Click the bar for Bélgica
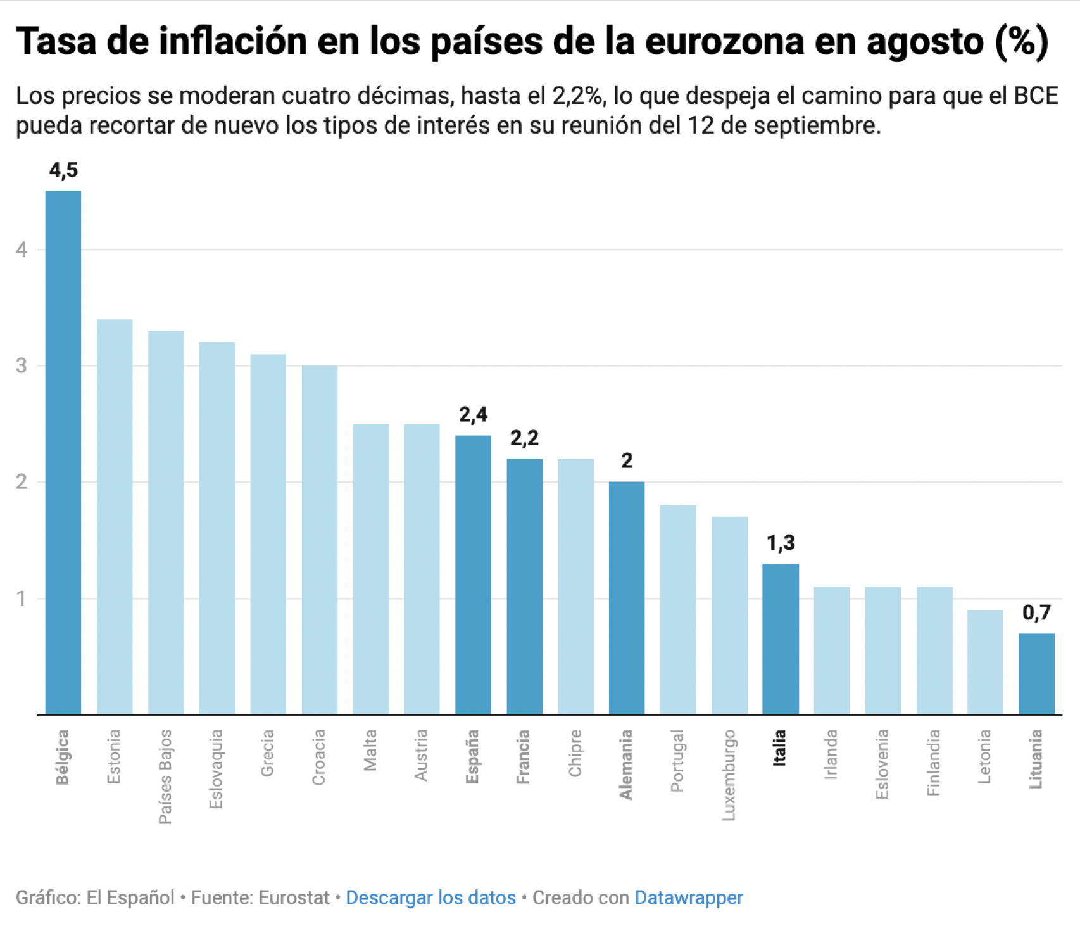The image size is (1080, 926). pos(63,452)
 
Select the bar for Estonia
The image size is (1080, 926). pos(115,516)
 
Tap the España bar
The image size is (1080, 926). pos(473,574)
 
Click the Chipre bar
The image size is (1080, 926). pos(575,586)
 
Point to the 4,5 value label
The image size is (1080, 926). pos(63,170)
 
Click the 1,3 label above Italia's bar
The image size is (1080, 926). pos(781,543)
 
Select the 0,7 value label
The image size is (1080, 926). pos(1036,612)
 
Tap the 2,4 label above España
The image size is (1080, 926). pos(473,414)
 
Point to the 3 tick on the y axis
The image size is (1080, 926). pos(22,365)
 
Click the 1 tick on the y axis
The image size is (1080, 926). pos(22,598)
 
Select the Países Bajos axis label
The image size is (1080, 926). pos(165,776)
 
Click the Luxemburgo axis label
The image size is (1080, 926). pos(729,775)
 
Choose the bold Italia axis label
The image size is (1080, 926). pos(780,747)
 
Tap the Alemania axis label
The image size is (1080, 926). pos(626,764)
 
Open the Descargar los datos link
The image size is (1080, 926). pos(430,897)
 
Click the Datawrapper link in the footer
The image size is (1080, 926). pos(688,897)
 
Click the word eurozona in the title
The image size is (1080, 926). pos(724,41)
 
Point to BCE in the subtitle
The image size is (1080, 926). pos(1036,96)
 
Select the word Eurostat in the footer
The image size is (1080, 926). pos(294,897)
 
